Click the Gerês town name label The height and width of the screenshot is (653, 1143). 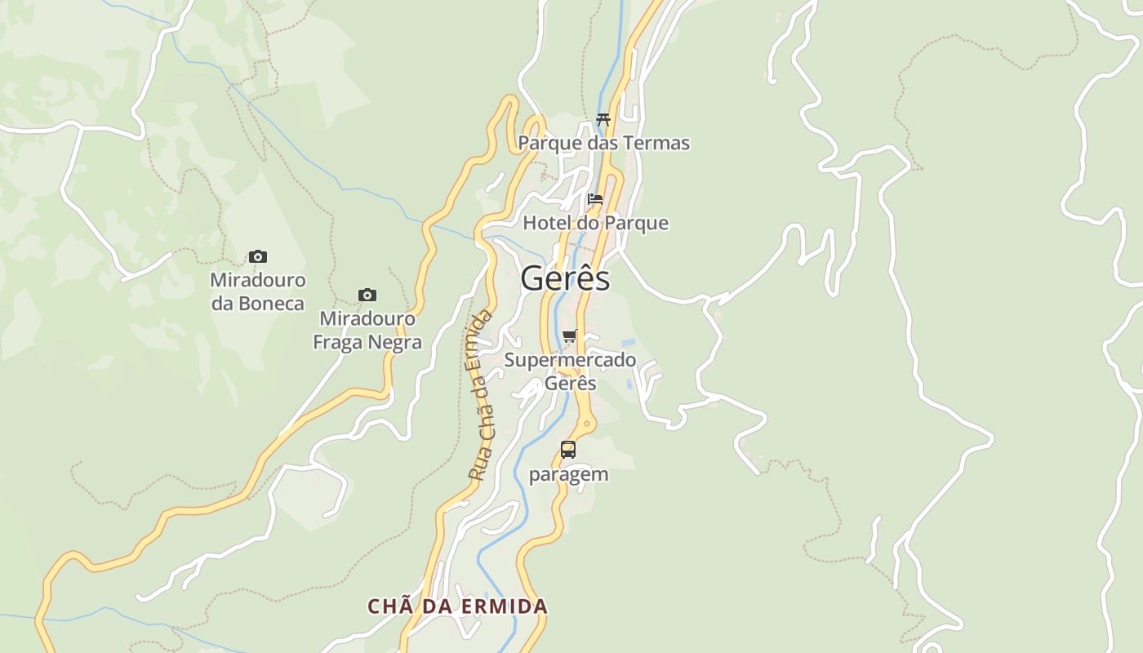pyautogui.click(x=565, y=278)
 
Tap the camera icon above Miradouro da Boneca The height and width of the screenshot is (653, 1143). pyautogui.click(x=258, y=256)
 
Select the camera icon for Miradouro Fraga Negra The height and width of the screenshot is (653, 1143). pyautogui.click(x=367, y=295)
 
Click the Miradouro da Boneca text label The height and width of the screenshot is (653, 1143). pyautogui.click(x=258, y=291)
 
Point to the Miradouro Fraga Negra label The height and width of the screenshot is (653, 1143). pyautogui.click(x=367, y=330)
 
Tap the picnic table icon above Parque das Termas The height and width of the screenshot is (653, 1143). pyautogui.click(x=603, y=119)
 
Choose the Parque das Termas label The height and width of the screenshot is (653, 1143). pyautogui.click(x=603, y=143)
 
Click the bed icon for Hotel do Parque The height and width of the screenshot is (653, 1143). pyautogui.click(x=595, y=198)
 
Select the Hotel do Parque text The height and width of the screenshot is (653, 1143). pyautogui.click(x=595, y=223)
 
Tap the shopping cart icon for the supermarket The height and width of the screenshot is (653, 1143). pyautogui.click(x=570, y=335)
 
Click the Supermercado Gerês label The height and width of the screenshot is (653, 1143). pyautogui.click(x=570, y=371)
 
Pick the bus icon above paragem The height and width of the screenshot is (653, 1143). pyautogui.click(x=568, y=449)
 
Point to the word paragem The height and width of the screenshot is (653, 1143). pyautogui.click(x=568, y=474)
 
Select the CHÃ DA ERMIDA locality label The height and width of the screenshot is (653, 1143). pyautogui.click(x=457, y=606)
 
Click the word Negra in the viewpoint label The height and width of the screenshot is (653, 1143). pyautogui.click(x=394, y=342)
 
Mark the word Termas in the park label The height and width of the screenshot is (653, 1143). pyautogui.click(x=656, y=143)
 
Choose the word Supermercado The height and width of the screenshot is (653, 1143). pyautogui.click(x=570, y=360)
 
